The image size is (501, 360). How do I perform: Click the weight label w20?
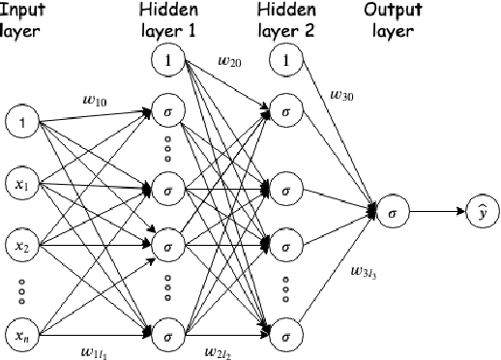pyautogui.click(x=230, y=63)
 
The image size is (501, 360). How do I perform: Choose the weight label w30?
pyautogui.click(x=341, y=96)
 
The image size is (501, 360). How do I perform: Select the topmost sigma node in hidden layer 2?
pyautogui.click(x=284, y=111)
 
